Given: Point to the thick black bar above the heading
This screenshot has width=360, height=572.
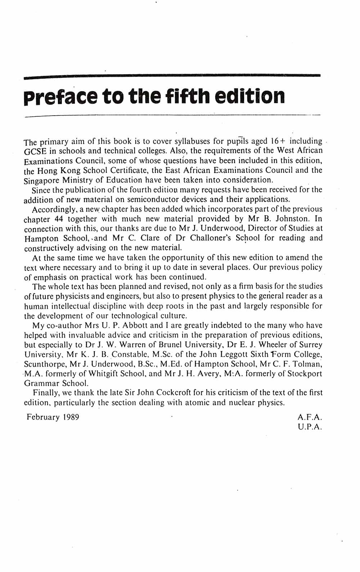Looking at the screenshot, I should pyautogui.click(x=172, y=76).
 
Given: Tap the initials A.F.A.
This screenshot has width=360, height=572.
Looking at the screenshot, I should pyautogui.click(x=310, y=417).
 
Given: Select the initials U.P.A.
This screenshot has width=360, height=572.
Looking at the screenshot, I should pyautogui.click(x=310, y=427).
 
